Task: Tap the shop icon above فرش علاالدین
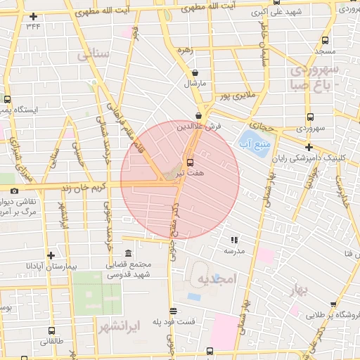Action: coord(200,115)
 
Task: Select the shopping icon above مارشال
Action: coord(195,72)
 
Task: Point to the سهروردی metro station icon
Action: coord(309,117)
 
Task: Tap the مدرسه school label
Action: coord(233,250)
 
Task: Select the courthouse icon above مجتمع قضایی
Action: coord(127,254)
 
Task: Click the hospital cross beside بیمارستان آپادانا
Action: coord(50,255)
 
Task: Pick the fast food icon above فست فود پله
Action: coord(173,310)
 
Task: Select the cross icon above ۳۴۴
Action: coord(33,15)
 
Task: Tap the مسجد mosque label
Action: coord(324,51)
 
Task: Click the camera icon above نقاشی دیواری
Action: coord(14,191)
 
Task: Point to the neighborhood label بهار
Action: coord(301,291)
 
